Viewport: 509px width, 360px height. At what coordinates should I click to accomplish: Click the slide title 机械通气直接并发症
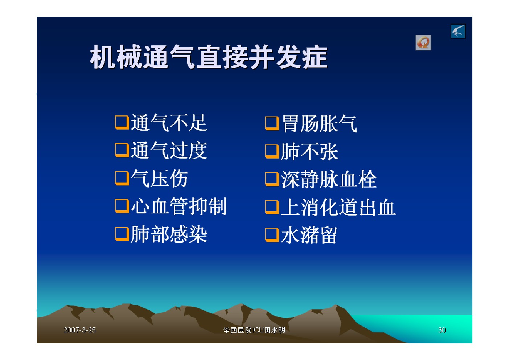click(209, 57)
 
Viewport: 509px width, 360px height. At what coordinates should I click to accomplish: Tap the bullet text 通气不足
click(169, 123)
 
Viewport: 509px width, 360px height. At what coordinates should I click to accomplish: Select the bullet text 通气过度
click(169, 151)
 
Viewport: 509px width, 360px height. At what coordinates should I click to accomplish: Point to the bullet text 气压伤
click(159, 179)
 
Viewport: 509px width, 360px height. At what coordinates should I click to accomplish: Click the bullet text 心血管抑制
click(178, 206)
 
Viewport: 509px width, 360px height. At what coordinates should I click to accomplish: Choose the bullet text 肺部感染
click(169, 234)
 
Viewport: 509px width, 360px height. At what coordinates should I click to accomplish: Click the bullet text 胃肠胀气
click(319, 124)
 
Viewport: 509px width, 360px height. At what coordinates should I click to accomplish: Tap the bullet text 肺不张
click(309, 152)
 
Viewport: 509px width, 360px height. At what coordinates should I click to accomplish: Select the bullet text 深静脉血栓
click(329, 180)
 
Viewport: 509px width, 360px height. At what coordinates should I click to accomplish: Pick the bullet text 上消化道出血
click(338, 207)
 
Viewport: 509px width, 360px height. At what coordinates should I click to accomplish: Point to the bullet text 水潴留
click(309, 235)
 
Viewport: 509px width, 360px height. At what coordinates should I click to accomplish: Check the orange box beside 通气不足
click(122, 123)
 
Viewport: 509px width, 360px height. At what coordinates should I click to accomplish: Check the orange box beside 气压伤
click(122, 179)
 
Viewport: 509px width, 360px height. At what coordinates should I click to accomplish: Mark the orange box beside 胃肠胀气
click(272, 124)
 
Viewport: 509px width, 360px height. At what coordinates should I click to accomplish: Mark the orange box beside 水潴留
click(272, 235)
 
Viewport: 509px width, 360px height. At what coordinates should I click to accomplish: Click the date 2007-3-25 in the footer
click(80, 330)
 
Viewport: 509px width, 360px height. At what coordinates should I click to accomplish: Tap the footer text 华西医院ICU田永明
click(254, 330)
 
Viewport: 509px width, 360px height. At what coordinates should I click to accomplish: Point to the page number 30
click(442, 330)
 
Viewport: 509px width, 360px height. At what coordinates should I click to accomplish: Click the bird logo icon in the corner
click(458, 31)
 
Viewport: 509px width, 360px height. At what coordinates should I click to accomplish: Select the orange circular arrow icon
click(423, 42)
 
